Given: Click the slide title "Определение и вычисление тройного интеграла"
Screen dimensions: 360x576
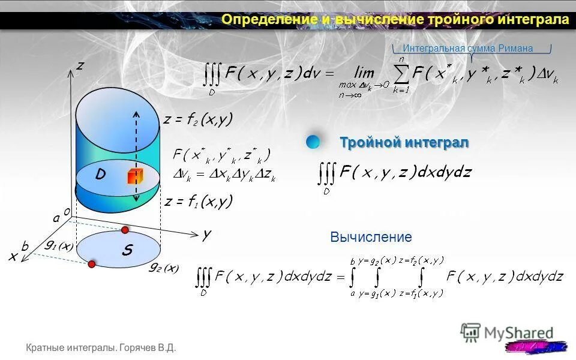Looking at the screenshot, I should click(395, 20).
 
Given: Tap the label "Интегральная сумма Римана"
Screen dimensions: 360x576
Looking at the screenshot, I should click(467, 49).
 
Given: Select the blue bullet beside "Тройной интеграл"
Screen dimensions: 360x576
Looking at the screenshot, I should click(313, 142).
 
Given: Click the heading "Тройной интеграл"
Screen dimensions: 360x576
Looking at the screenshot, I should click(404, 143).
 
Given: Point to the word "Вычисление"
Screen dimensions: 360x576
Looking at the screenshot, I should click(371, 237).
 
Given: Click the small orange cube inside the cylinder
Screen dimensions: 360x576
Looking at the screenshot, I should click(133, 177).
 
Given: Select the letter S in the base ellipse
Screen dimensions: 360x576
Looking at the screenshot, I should click(127, 250).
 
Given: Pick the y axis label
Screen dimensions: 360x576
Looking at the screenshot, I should click(206, 235).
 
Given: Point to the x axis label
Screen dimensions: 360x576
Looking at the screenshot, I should click(13, 256).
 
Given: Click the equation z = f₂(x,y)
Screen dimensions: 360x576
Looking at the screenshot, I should click(197, 119).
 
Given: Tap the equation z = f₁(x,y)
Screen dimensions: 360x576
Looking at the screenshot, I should click(198, 202).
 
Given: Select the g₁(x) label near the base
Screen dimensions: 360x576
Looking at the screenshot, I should click(59, 245).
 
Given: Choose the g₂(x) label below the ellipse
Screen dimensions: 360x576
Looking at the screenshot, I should click(164, 268).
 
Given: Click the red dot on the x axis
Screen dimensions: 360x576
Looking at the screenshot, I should click(92, 264).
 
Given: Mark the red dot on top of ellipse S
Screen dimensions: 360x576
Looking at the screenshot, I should click(125, 230).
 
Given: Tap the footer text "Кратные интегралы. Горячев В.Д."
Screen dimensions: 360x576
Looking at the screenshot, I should click(101, 348).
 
